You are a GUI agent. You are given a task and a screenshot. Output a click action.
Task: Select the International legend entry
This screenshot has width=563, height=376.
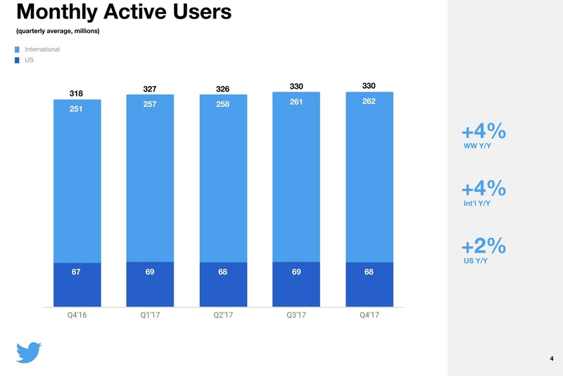[42, 49]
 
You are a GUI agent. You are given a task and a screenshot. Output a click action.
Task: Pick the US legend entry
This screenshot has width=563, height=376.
[30, 61]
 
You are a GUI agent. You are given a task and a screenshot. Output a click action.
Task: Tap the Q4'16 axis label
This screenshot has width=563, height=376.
[76, 315]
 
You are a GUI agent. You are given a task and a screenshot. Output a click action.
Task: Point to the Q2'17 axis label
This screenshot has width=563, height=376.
[222, 315]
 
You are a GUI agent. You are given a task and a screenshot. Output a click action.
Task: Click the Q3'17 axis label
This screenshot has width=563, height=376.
[296, 315]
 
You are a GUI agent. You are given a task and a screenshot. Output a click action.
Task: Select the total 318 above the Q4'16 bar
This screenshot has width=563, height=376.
[76, 93]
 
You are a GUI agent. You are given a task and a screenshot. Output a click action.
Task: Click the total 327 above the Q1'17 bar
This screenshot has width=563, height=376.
[149, 89]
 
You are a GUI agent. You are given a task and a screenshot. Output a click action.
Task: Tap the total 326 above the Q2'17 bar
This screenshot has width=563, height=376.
[222, 89]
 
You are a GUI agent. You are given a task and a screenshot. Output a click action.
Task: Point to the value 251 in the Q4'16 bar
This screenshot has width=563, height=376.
[76, 109]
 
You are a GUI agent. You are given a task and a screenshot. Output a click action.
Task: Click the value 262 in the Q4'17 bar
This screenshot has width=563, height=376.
[369, 101]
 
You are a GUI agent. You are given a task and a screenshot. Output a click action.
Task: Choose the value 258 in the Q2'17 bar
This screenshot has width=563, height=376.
[222, 105]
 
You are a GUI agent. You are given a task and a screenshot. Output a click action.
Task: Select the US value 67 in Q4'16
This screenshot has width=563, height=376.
[76, 272]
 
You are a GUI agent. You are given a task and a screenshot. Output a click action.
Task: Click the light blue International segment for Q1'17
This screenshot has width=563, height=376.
[149, 183]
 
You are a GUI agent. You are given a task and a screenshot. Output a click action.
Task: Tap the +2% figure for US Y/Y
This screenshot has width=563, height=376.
[483, 246]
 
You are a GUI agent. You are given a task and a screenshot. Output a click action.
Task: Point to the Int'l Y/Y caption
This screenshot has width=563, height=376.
[476, 203]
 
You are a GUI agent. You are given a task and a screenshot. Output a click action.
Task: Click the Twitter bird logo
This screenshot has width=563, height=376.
[30, 352]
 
